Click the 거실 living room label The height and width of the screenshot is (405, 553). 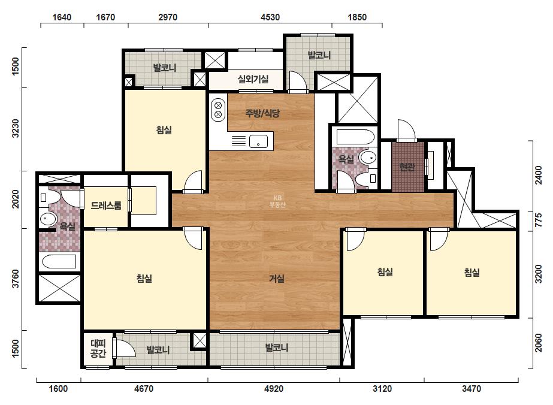click(277, 279)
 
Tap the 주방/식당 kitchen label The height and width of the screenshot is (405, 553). click(262, 113)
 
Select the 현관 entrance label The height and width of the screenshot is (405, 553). click(407, 167)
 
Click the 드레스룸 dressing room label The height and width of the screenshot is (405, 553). click(106, 205)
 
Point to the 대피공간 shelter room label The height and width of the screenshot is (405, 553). click(98, 348)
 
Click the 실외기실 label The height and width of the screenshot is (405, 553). click(253, 79)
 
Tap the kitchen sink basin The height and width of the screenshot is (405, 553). click(258, 141)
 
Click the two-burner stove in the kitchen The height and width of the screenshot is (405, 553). click(218, 110)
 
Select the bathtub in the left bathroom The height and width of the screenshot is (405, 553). click(59, 262)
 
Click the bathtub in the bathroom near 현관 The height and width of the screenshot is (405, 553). click(355, 137)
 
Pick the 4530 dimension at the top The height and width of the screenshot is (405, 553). click(270, 17)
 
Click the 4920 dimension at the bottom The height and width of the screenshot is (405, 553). click(274, 389)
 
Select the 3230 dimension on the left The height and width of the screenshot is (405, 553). click(16, 128)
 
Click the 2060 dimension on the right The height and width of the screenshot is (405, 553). click(538, 343)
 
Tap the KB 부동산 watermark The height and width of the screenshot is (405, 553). click(277, 201)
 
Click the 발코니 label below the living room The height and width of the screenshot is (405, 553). click(277, 347)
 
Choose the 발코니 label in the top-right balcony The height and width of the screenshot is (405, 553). click(319, 55)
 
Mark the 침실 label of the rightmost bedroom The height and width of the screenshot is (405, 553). click(472, 273)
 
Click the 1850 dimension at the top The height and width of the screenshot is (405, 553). click(357, 17)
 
